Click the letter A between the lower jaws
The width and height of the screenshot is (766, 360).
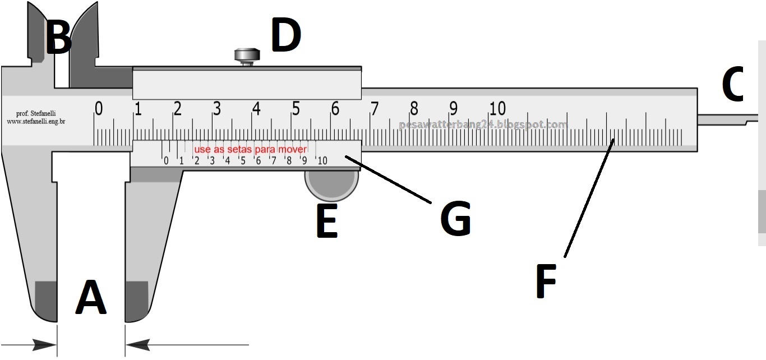(x=91, y=298)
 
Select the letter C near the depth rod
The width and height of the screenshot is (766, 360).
(x=732, y=85)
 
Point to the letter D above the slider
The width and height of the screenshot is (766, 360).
(x=286, y=36)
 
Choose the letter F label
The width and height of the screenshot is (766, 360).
(x=546, y=281)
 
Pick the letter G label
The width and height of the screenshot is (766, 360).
(x=455, y=219)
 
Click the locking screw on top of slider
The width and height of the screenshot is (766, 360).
(x=247, y=56)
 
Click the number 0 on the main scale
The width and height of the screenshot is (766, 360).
(x=99, y=108)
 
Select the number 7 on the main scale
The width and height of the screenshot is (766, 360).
(x=374, y=108)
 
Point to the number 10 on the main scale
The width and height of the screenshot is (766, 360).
(x=497, y=108)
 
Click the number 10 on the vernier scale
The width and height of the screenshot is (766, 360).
(x=322, y=161)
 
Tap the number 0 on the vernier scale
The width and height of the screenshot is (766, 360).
(x=165, y=161)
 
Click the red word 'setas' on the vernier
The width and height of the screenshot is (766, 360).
(x=239, y=150)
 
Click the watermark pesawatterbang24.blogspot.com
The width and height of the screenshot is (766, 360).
(x=483, y=125)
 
